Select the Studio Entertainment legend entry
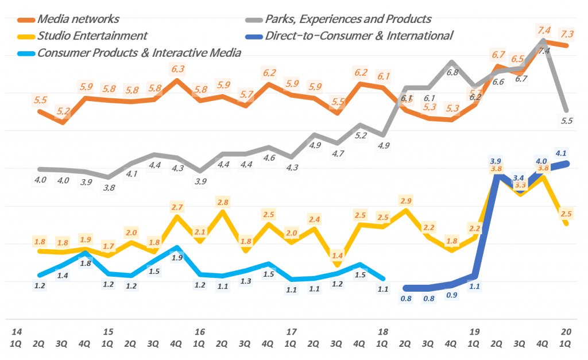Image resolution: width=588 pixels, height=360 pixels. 92,36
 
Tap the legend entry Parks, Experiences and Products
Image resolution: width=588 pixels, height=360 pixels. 347,19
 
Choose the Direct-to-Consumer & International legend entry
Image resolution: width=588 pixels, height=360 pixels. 358,36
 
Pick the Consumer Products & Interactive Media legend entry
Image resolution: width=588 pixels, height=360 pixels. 138,53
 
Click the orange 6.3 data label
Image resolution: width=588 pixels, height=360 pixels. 177,69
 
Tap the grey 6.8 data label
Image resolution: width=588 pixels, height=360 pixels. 452,72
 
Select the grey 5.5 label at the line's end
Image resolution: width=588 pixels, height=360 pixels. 567,121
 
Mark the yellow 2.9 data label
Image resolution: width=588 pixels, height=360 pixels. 406,200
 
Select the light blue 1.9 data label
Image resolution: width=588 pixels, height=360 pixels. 177,258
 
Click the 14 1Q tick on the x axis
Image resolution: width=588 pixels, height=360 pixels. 17,338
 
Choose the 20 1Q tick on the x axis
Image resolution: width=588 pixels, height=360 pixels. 566,338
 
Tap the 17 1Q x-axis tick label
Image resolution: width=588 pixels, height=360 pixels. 291,338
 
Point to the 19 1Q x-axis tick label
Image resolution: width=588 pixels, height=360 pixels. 474,338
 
